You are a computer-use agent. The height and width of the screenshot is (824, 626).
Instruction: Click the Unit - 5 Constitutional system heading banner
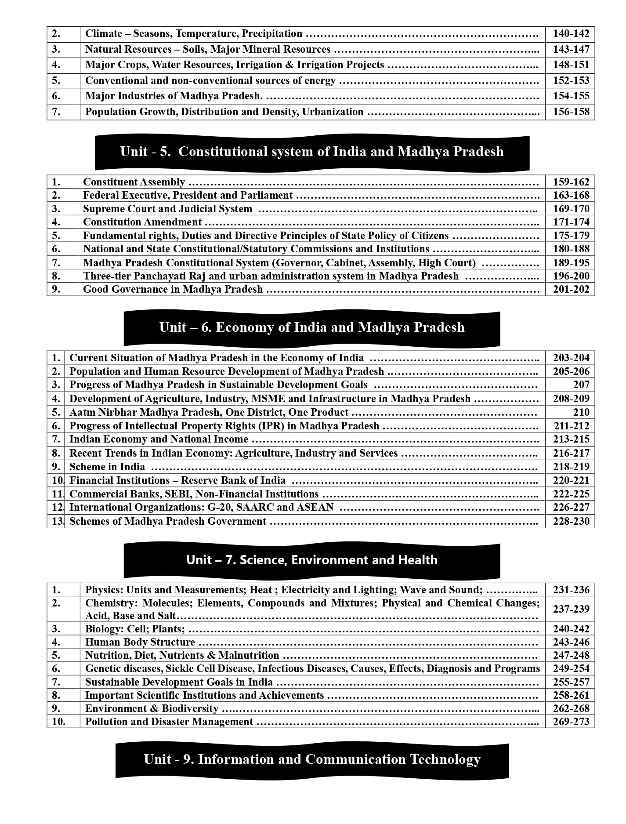[x=312, y=152]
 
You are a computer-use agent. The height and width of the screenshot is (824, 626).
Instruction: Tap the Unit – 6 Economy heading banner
[x=312, y=327]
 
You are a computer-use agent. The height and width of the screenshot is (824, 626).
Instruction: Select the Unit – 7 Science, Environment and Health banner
[x=312, y=560]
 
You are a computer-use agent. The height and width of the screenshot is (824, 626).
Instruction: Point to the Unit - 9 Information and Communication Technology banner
[x=312, y=759]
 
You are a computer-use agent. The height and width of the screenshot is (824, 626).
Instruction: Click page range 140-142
[x=571, y=34]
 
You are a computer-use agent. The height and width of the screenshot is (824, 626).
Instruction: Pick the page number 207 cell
[x=581, y=385]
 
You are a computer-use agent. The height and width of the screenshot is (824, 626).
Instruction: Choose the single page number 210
[x=581, y=412]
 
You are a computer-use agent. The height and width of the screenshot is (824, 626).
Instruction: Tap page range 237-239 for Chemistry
[x=571, y=609]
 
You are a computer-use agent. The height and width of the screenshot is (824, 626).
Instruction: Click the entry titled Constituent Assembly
[x=134, y=182]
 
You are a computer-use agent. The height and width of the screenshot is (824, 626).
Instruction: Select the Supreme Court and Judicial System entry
[x=167, y=209]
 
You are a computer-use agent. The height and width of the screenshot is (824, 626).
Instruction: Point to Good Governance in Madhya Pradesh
[x=173, y=289]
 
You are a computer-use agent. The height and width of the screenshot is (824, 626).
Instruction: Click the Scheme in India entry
[x=107, y=467]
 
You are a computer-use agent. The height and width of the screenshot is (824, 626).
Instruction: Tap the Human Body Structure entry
[x=140, y=642]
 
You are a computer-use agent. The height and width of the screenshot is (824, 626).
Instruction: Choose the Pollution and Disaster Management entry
[x=169, y=722]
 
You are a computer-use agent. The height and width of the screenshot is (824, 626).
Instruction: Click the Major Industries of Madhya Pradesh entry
[x=174, y=96]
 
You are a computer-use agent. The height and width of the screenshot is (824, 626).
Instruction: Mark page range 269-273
[x=571, y=722]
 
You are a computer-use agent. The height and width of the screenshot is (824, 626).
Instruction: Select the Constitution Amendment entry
[x=142, y=222]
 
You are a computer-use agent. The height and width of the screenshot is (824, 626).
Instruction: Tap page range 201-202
[x=571, y=289]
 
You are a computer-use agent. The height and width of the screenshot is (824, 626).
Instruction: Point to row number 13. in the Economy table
[x=58, y=521]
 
